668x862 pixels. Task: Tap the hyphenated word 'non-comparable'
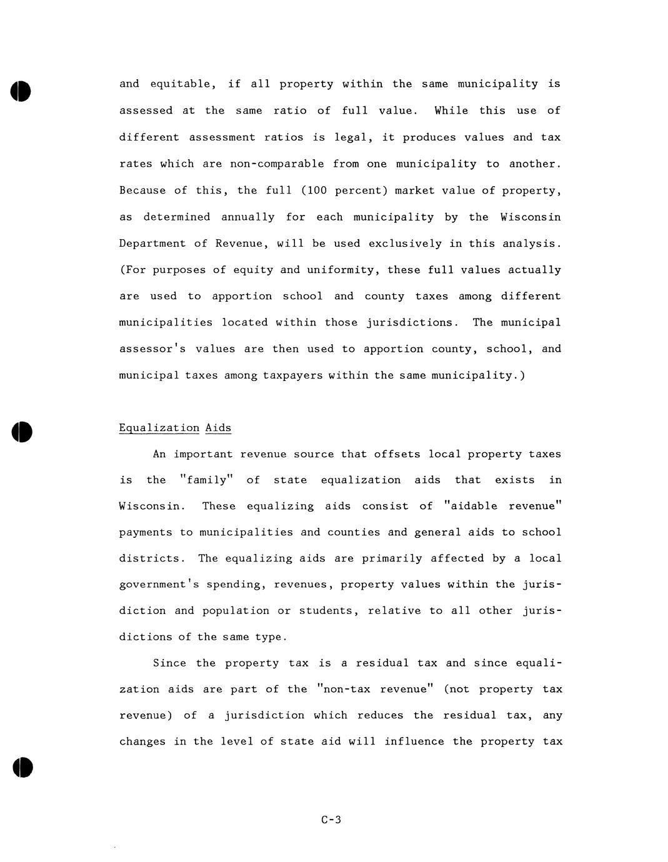click(277, 164)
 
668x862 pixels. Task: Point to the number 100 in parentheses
click(317, 191)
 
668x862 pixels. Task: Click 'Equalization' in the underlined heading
click(159, 428)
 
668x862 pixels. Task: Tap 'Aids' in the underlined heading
click(218, 428)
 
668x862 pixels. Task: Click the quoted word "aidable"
click(471, 506)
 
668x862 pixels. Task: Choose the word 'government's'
click(158, 585)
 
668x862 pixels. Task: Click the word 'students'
click(329, 611)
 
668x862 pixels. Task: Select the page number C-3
click(331, 820)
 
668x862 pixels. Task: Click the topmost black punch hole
click(20, 91)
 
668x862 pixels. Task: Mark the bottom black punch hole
click(22, 767)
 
